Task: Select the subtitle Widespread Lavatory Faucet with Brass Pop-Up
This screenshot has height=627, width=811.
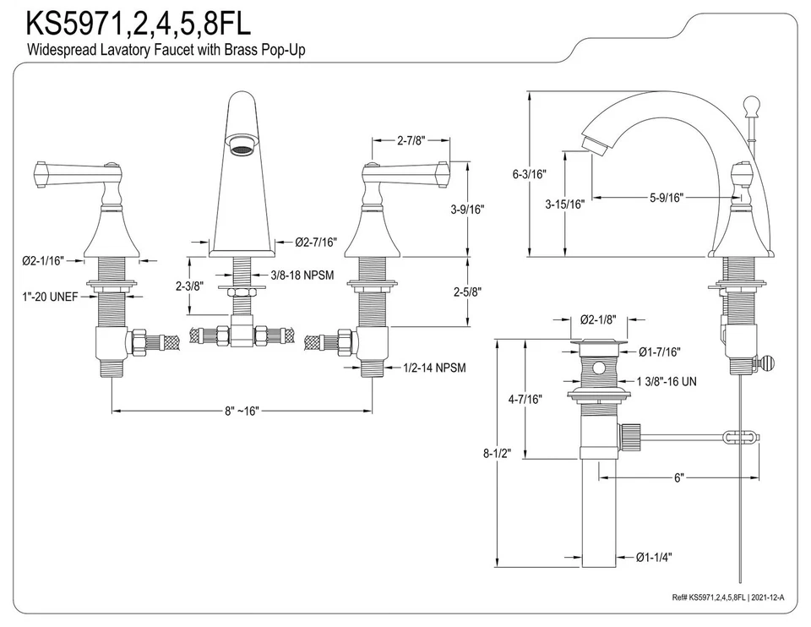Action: click(166, 50)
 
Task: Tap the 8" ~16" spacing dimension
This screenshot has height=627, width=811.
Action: click(242, 411)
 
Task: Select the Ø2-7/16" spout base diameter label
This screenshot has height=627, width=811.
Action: click(316, 243)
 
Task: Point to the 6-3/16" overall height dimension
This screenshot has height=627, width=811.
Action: click(529, 175)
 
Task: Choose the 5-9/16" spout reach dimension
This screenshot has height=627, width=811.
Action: click(667, 197)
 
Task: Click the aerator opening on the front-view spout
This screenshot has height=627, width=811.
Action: click(242, 150)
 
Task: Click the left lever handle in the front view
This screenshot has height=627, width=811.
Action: click(72, 174)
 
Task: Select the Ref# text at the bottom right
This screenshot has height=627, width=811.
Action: click(729, 597)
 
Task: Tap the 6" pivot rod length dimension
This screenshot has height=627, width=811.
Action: click(678, 477)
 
